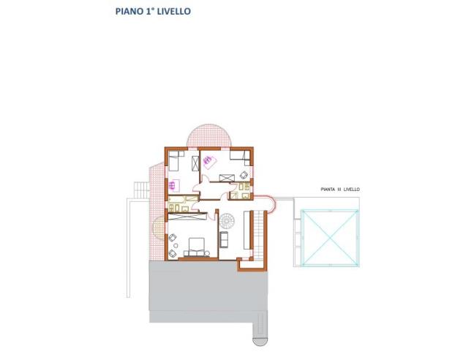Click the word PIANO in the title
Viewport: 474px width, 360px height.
click(x=129, y=12)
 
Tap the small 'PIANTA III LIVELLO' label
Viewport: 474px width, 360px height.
click(x=340, y=189)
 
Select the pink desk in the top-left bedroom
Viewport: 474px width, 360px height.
click(x=175, y=184)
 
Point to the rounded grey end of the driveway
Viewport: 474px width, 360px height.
click(x=260, y=338)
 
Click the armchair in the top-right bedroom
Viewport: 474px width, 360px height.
click(x=244, y=175)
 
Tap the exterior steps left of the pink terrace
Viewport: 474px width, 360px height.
click(x=138, y=189)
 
